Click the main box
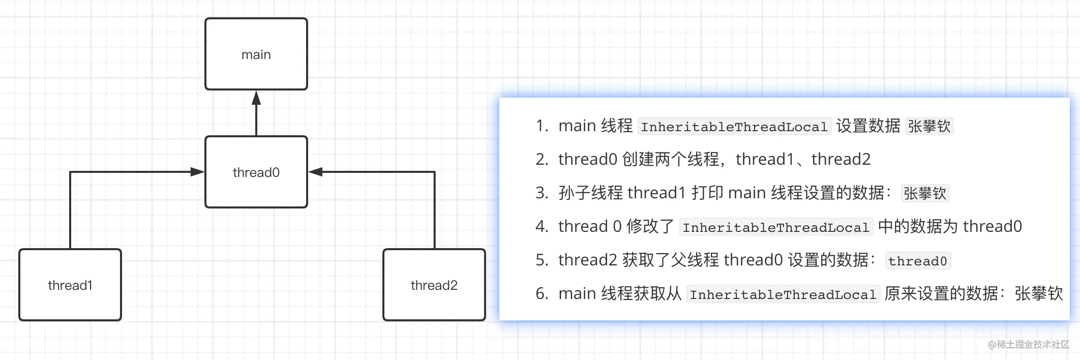pyautogui.click(x=256, y=54)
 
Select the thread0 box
pyautogui.click(x=256, y=172)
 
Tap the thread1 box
pyautogui.click(x=70, y=285)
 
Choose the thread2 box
pyautogui.click(x=434, y=285)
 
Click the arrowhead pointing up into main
pyautogui.click(x=256, y=98)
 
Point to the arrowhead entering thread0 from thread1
pyautogui.click(x=197, y=172)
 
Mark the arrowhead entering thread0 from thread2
pyautogui.click(x=316, y=172)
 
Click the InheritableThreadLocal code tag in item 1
pyautogui.click(x=734, y=126)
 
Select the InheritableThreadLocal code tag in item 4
pyautogui.click(x=776, y=227)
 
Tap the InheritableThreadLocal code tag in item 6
pyautogui.click(x=783, y=294)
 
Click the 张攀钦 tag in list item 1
pyautogui.click(x=929, y=126)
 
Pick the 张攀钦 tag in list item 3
pyautogui.click(x=925, y=193)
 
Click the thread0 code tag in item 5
pyautogui.click(x=918, y=260)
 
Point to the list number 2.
pyautogui.click(x=542, y=160)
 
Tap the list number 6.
pyautogui.click(x=542, y=294)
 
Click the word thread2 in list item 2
pyautogui.click(x=841, y=159)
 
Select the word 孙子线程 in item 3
pyautogui.click(x=591, y=193)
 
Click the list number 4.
pyautogui.click(x=542, y=227)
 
